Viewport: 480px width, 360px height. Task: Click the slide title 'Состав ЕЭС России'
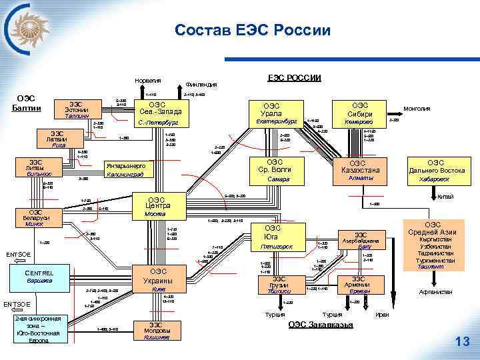253,30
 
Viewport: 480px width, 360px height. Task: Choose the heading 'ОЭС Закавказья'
320,325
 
